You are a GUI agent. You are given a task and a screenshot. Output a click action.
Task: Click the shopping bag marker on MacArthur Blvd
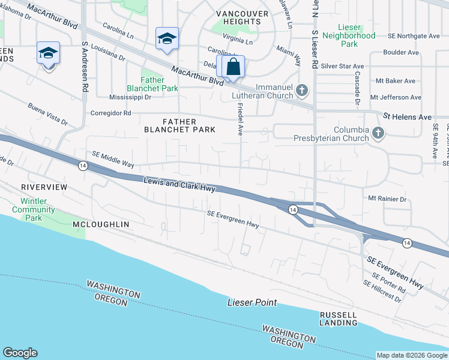(x=234, y=67)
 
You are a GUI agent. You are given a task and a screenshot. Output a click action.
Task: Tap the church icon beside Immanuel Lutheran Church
(x=302, y=91)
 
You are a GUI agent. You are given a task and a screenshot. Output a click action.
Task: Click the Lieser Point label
(x=252, y=302)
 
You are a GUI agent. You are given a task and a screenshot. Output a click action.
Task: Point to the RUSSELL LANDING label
(x=339, y=319)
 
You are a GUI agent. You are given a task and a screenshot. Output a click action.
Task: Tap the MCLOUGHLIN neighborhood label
(x=101, y=224)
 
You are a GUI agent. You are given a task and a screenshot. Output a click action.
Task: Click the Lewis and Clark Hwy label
(x=179, y=184)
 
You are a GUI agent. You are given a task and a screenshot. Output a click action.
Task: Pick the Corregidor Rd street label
(x=110, y=113)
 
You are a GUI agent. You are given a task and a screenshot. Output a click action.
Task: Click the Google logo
(x=20, y=353)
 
